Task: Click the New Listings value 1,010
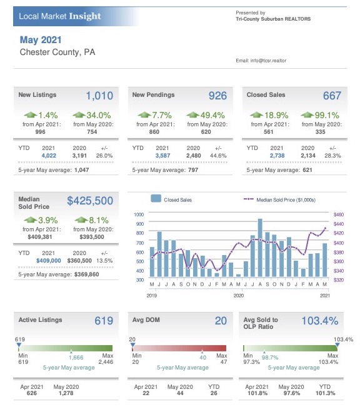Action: click(99, 96)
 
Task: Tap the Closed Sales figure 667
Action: click(332, 96)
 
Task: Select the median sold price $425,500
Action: click(90, 201)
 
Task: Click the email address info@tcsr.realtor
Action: click(268, 61)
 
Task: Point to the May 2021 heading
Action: click(41, 40)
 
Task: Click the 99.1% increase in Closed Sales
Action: click(327, 115)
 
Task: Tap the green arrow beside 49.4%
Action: click(192, 114)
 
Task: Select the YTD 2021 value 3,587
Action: click(162, 156)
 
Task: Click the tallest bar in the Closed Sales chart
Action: click(260, 248)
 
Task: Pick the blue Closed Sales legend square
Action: click(156, 198)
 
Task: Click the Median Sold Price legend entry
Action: click(279, 199)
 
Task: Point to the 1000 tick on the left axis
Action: click(139, 214)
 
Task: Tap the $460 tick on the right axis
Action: click(339, 214)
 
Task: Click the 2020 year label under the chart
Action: click(238, 296)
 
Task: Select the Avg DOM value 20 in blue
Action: click(221, 321)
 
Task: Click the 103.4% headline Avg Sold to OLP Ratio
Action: click(320, 321)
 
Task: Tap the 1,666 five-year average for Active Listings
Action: click(76, 358)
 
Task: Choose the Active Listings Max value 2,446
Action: click(106, 362)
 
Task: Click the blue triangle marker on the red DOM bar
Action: click(132, 344)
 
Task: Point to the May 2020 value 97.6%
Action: click(291, 393)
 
